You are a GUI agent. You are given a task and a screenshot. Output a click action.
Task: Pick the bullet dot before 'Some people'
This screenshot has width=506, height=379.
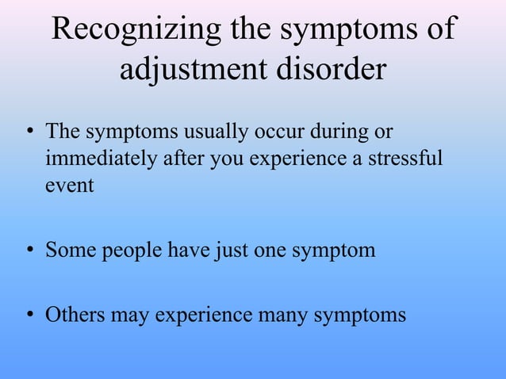29,253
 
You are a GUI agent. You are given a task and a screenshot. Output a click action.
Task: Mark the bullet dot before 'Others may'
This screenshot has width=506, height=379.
29,316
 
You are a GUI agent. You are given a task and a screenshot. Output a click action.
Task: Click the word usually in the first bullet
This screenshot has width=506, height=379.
213,130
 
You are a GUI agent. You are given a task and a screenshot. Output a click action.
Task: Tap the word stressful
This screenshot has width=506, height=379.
408,158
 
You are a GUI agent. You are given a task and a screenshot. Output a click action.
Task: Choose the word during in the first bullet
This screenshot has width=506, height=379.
328,130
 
